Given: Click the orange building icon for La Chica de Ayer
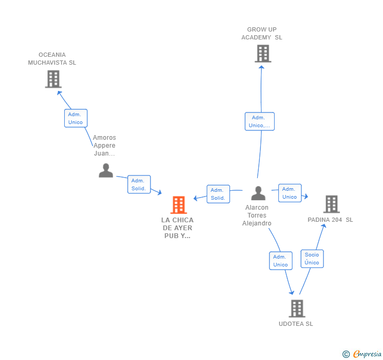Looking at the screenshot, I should tap(179, 205).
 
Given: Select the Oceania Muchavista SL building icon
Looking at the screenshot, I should tap(53, 79).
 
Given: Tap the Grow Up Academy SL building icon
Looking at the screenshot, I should tap(263, 54).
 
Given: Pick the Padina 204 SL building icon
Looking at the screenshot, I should tap(331, 204).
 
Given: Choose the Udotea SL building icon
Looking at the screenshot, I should tap(297, 308).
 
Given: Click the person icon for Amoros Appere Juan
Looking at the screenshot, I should tap(106, 171).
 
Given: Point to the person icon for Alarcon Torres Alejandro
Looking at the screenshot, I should tap(258, 193).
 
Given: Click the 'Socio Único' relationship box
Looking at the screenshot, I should tap(312, 259).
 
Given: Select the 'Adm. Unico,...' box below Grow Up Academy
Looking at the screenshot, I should tap(259, 121).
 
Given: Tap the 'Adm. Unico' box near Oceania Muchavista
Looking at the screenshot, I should tap(76, 118).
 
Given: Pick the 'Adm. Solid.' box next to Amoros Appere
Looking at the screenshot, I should tap(139, 184).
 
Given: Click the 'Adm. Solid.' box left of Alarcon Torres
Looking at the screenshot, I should tap(218, 194).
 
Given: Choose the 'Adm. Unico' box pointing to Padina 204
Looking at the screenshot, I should tap(290, 193).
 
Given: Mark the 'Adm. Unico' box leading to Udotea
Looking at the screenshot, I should tap(280, 261).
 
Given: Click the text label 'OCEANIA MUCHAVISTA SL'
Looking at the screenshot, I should tap(52, 59).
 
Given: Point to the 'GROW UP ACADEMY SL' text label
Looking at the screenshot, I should tap(262, 34).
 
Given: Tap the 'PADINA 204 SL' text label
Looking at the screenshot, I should tap(330, 220).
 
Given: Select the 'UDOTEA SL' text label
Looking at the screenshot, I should tap(296, 324).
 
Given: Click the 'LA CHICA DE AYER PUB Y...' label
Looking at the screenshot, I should tap(177, 228).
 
